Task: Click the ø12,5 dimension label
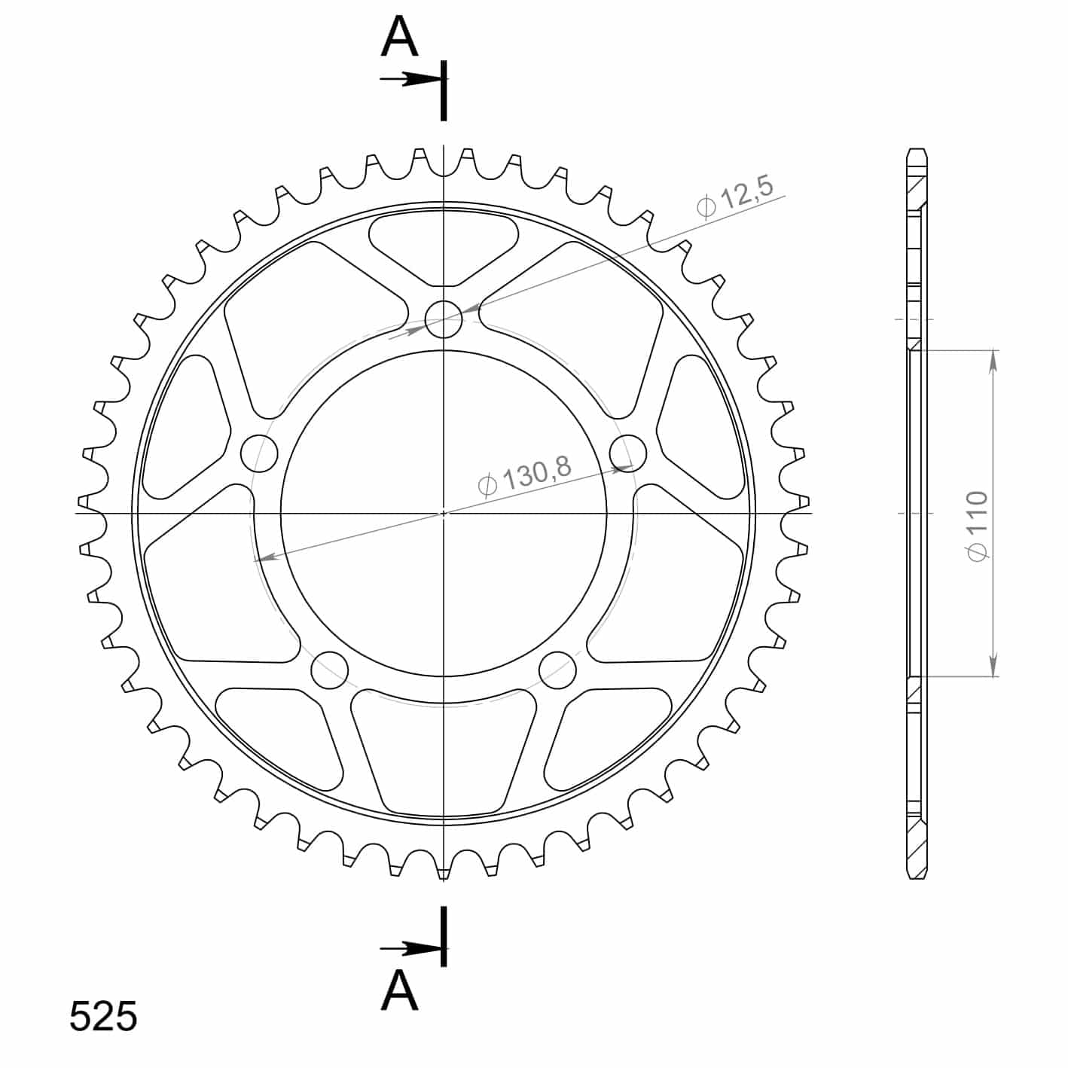click(734, 199)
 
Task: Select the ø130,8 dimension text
click(523, 476)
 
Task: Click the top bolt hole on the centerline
click(443, 319)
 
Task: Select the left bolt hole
click(259, 454)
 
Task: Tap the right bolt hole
click(627, 454)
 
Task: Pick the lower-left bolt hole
click(329, 670)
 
